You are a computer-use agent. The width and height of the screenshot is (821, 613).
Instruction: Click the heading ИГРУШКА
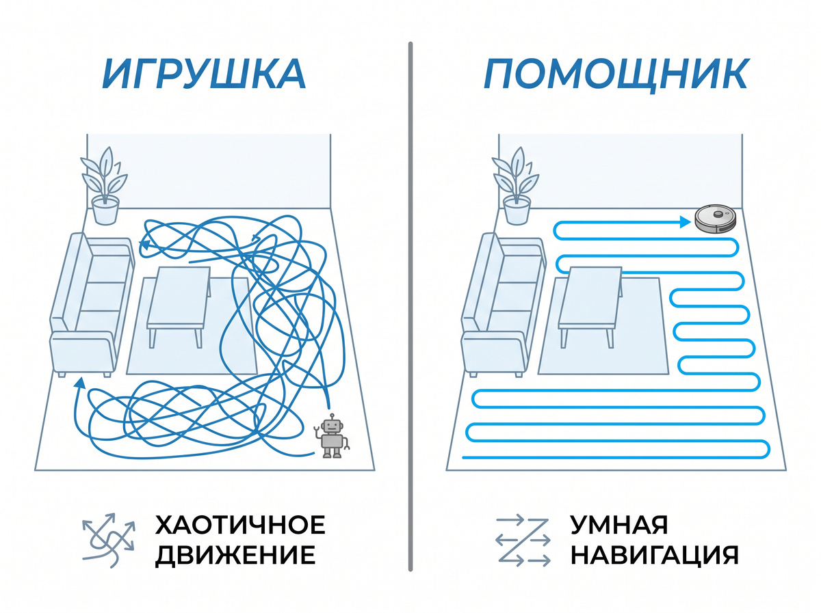pos(204,74)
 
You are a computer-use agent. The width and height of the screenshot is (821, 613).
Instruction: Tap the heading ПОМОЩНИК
pos(616,74)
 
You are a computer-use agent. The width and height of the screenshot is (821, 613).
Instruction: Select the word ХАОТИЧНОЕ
pos(240,525)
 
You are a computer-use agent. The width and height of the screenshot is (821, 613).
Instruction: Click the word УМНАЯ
pos(619,525)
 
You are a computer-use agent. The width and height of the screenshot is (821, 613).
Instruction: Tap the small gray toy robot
pos(332,436)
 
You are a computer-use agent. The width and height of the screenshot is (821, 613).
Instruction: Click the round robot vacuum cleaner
pos(716,219)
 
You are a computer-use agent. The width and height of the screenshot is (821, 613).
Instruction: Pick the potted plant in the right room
pos(516,186)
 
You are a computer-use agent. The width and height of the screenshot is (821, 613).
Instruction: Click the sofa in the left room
pos(92,304)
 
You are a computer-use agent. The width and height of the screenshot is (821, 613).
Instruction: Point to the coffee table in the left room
pos(179,306)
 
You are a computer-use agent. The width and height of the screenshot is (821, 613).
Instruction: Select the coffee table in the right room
pos(590,306)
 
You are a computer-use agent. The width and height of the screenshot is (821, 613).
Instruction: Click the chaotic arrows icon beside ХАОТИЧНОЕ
pos(108,540)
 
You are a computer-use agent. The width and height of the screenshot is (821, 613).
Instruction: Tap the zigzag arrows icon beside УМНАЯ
pos(523,540)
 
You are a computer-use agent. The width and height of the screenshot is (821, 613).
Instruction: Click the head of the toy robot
pos(332,426)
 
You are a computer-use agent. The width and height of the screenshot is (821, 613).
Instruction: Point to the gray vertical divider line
pos(410,306)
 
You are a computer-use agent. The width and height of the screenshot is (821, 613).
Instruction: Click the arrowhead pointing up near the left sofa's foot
pos(79,383)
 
